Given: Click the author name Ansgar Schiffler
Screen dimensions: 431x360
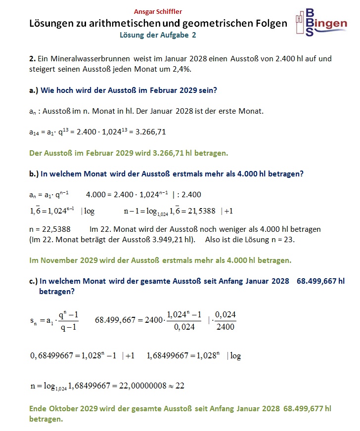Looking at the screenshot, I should click(158, 11).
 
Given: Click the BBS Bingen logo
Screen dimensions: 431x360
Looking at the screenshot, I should click(321, 23).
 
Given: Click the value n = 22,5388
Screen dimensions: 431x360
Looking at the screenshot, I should click(50, 229).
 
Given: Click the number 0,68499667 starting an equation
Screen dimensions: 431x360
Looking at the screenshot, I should click(54, 356).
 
